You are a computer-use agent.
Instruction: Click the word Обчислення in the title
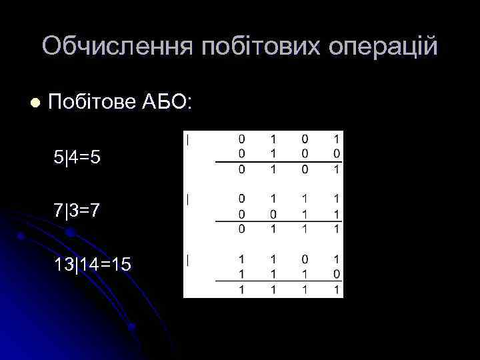(117, 47)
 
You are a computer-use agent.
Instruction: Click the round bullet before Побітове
(35, 103)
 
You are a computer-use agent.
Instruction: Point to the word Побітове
(92, 103)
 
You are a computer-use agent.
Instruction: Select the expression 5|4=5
(78, 158)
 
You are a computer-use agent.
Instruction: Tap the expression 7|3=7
(78, 211)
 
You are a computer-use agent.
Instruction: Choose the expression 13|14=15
(93, 265)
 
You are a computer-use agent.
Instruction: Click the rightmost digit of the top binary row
(337, 139)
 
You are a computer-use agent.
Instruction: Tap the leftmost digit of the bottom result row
(241, 290)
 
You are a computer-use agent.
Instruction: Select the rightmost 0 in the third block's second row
(337, 273)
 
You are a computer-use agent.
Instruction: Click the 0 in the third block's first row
(305, 259)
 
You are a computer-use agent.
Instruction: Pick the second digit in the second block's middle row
(273, 214)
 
